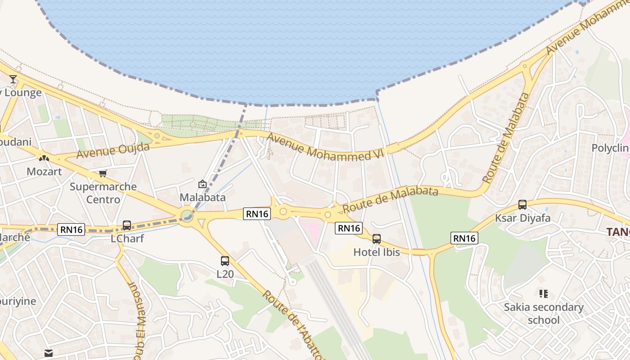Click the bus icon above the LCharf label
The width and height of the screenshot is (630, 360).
[127, 225]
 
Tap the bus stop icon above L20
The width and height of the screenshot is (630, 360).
[225, 261]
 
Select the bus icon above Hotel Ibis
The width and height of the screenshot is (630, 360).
[377, 239]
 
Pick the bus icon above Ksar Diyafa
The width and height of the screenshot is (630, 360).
[522, 205]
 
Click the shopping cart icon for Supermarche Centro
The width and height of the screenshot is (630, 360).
[103, 173]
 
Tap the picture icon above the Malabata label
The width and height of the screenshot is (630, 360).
[202, 184]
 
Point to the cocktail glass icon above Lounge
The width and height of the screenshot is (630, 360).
[13, 79]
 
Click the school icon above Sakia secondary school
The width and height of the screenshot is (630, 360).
[544, 294]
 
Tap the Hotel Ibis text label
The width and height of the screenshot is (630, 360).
[377, 252]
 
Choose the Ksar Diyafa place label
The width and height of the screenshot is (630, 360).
[522, 218]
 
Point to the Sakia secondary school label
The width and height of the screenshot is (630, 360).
[544, 314]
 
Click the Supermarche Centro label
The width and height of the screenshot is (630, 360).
[103, 193]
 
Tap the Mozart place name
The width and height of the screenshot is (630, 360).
[44, 171]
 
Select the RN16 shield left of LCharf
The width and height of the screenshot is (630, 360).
[72, 229]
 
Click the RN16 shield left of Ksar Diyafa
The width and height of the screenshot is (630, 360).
[464, 238]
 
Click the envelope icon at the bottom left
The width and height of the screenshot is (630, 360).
[49, 353]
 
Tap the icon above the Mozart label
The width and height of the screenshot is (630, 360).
[44, 158]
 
